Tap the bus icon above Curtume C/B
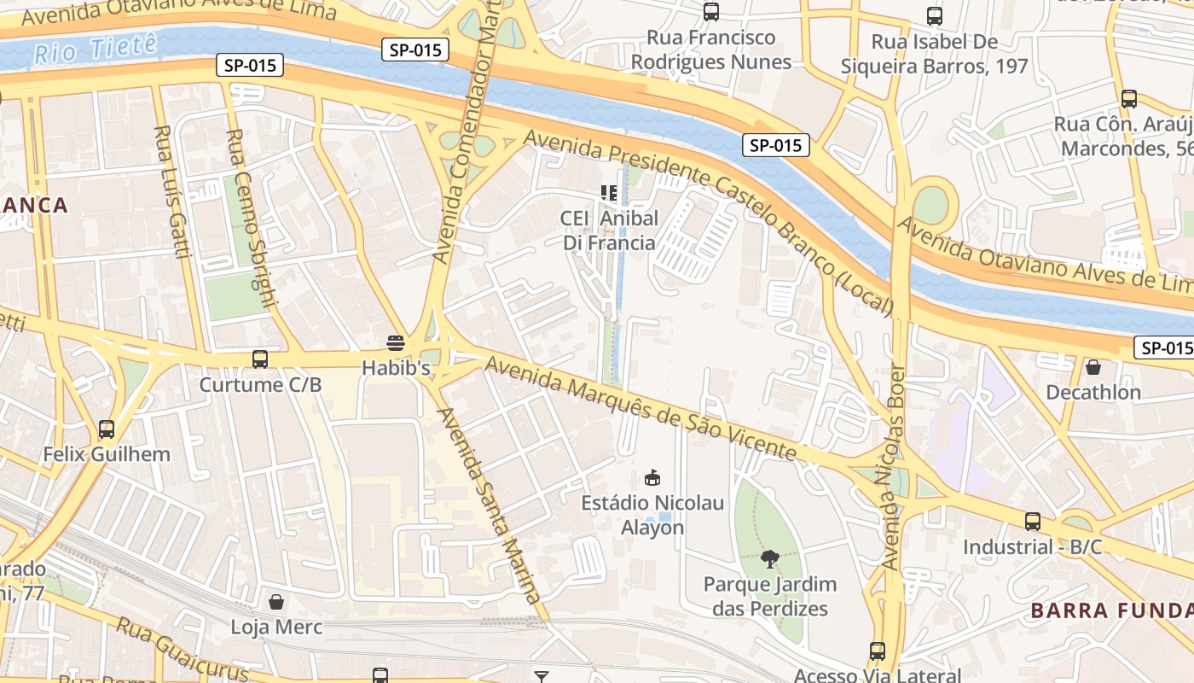click(260, 359)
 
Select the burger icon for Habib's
click(395, 343)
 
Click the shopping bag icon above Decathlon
click(1093, 367)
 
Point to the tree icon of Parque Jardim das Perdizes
click(770, 559)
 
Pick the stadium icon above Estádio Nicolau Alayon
click(652, 477)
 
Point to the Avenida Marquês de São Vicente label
click(640, 408)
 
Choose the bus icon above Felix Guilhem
click(107, 429)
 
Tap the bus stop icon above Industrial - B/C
click(1033, 521)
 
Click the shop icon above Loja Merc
click(276, 602)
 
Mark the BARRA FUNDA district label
click(1111, 610)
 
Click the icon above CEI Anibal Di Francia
click(609, 193)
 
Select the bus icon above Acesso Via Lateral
click(878, 651)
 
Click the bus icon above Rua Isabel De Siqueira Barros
click(935, 15)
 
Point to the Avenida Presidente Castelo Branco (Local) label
click(708, 222)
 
